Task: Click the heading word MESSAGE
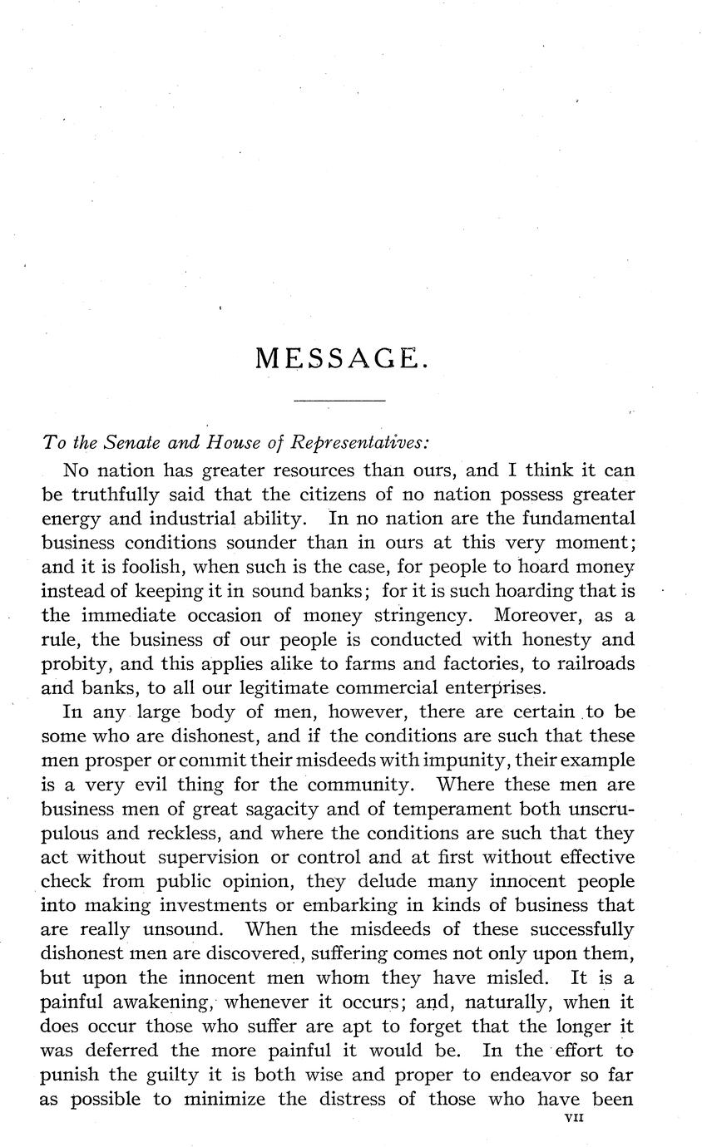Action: (x=341, y=358)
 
